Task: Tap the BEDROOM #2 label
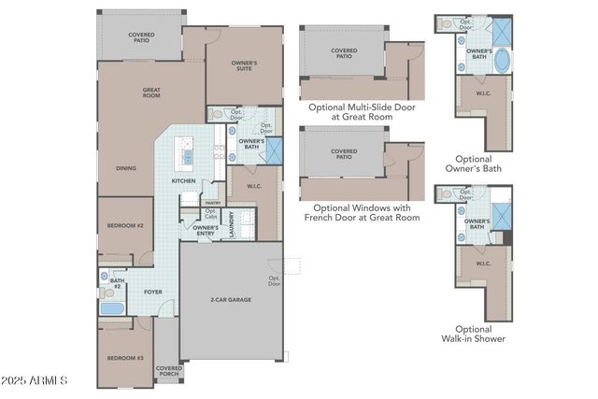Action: pos(124,226)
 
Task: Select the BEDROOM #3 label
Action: pos(124,358)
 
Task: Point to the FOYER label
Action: pos(152,292)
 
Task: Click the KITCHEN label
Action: pos(183,180)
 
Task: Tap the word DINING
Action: pos(126,168)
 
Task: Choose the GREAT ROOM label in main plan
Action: pos(151,93)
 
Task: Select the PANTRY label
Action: pos(213,202)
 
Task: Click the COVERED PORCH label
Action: pos(169,371)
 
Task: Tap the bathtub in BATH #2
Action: pos(112,307)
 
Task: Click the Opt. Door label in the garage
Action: pos(275,279)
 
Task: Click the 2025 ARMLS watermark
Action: pos(35,381)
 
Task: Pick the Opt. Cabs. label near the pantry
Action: pos(211,215)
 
